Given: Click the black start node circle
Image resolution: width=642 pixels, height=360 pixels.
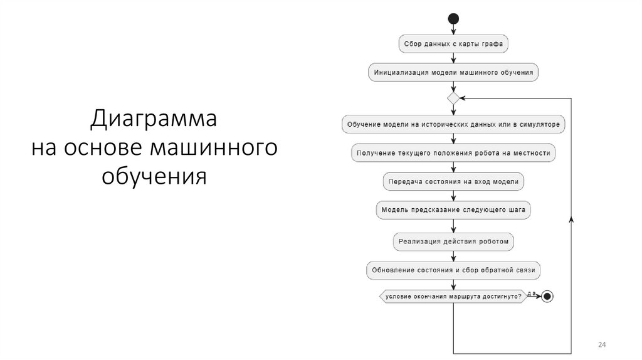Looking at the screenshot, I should point(453,19).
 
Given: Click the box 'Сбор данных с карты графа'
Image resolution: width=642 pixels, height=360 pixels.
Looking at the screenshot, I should point(453,44).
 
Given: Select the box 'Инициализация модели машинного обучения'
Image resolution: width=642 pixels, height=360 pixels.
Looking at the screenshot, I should point(453,72).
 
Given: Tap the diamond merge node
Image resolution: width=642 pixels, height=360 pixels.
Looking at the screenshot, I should point(453,98).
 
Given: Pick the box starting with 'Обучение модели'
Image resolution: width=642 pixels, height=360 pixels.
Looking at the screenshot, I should point(453,124).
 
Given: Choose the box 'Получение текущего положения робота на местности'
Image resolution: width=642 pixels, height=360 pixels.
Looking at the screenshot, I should point(453,152).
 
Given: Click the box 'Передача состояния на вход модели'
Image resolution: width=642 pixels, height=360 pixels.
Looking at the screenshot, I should point(453,181).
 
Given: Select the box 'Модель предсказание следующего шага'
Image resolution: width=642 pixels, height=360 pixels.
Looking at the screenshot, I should point(453,209).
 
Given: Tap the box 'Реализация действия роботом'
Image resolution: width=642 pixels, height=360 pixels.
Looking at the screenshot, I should point(453,241).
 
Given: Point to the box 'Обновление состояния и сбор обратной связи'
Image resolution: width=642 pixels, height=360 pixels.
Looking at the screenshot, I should point(453,270).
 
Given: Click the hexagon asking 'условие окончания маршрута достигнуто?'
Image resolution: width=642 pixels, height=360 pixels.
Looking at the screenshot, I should point(453,296).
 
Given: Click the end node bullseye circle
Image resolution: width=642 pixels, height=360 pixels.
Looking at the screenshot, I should point(547,296).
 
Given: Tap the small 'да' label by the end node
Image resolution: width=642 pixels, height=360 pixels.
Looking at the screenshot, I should point(532,292).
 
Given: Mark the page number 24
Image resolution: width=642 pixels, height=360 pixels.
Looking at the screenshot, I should point(602,346).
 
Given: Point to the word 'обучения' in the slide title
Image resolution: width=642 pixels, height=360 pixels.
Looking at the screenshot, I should point(154,175).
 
